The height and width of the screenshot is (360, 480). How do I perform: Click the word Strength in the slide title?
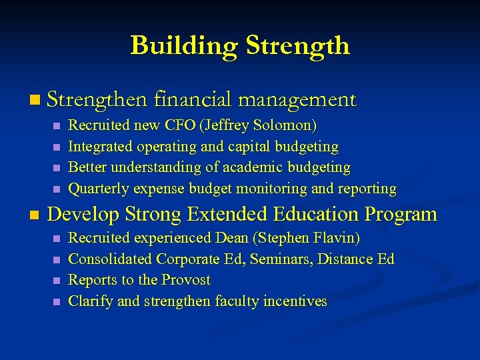point(297,45)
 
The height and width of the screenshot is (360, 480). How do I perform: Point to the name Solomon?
point(287,125)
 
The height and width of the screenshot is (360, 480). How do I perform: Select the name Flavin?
point(337,237)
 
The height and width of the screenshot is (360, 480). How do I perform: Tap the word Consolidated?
point(109,259)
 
